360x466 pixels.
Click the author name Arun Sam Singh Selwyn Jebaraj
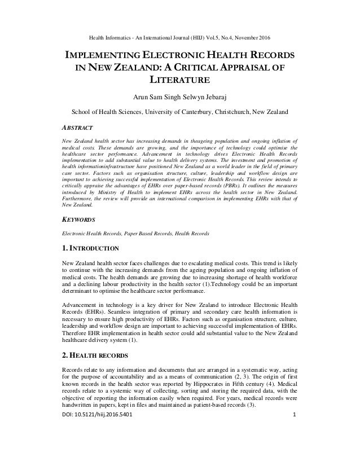click(180, 94)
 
